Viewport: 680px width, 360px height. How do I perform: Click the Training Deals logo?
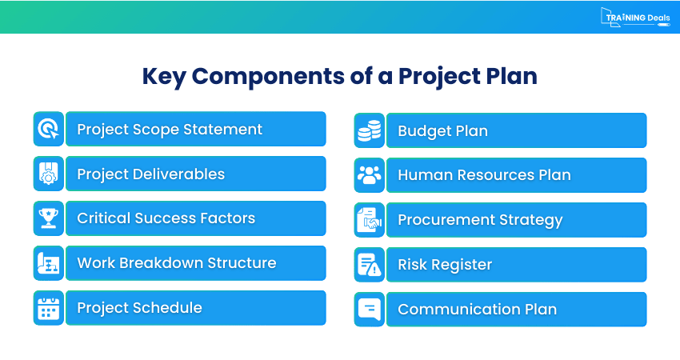[x=635, y=17]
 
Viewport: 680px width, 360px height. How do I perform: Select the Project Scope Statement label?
[x=170, y=129]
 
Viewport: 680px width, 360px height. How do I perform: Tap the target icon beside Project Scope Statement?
[x=48, y=129]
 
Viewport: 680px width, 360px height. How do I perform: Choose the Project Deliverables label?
[x=150, y=174]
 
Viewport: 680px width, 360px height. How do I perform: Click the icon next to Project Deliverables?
[x=48, y=174]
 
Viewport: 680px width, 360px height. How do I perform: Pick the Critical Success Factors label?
[x=166, y=218]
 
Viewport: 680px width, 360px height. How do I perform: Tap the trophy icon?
[x=48, y=218]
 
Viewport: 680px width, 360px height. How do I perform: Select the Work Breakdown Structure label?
[x=176, y=263]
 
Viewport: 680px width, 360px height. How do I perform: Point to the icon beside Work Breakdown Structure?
[x=48, y=263]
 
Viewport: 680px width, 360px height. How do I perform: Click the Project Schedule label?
[x=139, y=308]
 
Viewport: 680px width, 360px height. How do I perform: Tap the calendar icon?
[x=48, y=308]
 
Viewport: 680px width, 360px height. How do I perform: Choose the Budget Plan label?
[x=442, y=131]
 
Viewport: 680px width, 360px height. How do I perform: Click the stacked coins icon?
[x=369, y=130]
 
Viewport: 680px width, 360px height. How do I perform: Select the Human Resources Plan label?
[x=484, y=175]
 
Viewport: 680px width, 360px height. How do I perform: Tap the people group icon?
[x=369, y=175]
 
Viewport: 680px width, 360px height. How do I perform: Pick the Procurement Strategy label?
[x=480, y=220]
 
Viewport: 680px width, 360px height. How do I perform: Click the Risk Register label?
[x=445, y=265]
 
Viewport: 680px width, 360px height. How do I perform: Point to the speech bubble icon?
[x=369, y=309]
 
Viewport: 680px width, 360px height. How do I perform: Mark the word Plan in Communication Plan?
[x=538, y=310]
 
